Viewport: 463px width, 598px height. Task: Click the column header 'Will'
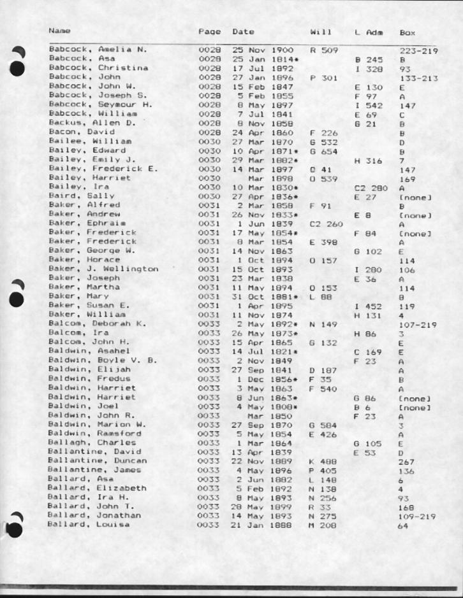[x=318, y=31]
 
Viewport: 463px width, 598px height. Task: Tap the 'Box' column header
[x=407, y=31]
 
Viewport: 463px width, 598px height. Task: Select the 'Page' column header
[x=209, y=31]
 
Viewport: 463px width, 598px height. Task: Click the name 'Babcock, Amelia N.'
[x=98, y=49]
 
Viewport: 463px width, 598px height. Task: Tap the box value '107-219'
[x=418, y=324]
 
